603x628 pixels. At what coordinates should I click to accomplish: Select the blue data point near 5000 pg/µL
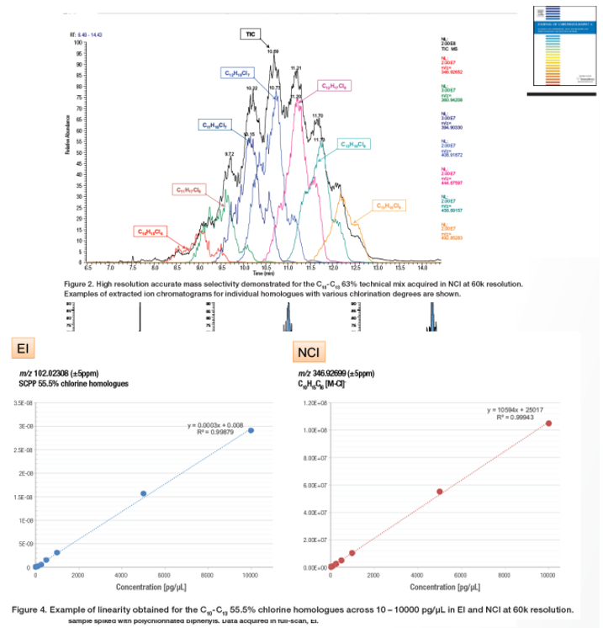coord(143,493)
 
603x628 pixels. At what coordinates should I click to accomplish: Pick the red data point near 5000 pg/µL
coord(440,491)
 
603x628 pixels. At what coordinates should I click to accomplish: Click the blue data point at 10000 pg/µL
coord(251,430)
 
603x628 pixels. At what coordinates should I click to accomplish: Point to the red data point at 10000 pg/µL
coord(548,423)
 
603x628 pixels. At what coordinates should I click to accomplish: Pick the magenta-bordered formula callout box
coord(334,86)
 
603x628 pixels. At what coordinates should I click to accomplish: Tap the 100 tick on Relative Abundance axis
coord(78,42)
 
